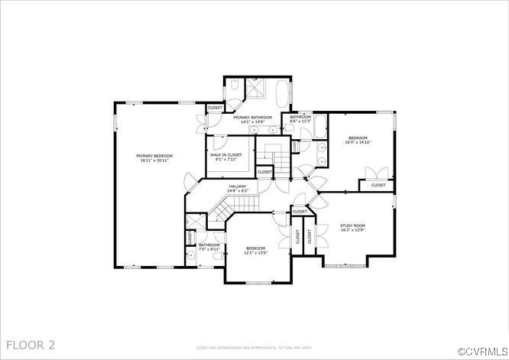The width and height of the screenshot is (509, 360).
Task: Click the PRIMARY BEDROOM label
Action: (155, 156)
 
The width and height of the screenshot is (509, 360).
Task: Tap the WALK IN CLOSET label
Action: (225, 155)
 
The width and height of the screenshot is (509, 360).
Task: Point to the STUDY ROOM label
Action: (353, 225)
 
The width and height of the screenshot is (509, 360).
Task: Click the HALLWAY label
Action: (237, 186)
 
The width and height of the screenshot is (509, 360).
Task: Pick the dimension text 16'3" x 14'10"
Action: (357, 142)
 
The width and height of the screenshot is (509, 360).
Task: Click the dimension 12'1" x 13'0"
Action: (256, 253)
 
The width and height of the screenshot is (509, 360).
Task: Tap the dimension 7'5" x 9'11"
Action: (209, 249)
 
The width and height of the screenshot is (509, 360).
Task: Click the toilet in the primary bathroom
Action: (235, 85)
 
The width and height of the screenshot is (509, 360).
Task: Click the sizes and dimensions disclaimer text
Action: (254, 347)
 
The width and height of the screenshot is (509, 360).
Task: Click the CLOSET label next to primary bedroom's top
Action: (215, 108)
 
